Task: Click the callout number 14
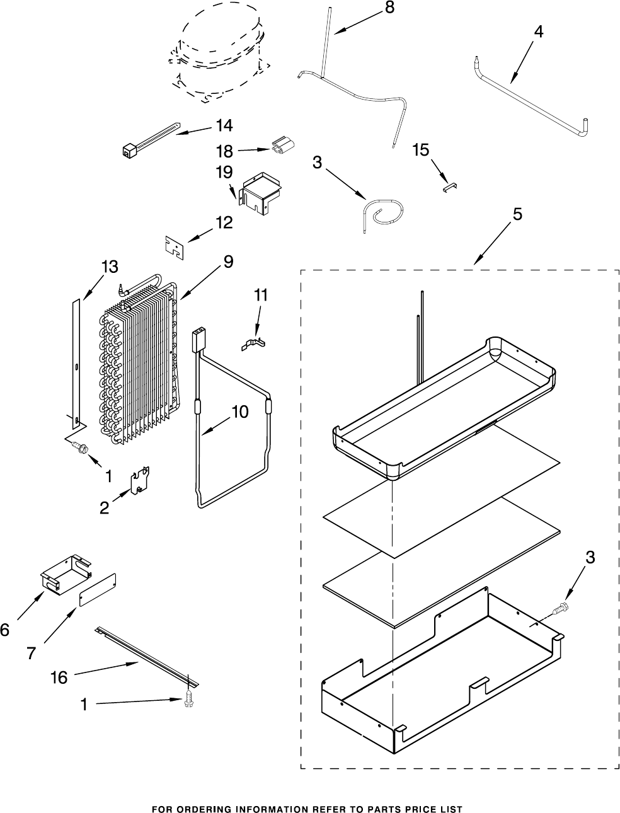pos(224,125)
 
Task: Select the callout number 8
pos(389,8)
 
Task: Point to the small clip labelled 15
pos(450,185)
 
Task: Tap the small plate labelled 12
pos(174,246)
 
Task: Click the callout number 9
pos(227,261)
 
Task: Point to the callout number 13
pos(109,267)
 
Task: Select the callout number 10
pos(239,412)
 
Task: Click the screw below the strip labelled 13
pos(80,447)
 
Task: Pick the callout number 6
pos(6,630)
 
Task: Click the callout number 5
pos(517,214)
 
